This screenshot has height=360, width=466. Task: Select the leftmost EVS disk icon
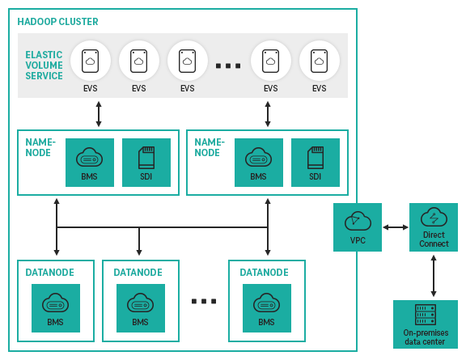[91, 61]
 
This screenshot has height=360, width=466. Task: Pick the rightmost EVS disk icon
[320, 61]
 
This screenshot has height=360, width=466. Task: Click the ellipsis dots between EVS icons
[228, 65]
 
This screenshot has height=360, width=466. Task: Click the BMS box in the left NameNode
[89, 162]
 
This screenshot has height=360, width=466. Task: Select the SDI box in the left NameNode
[146, 162]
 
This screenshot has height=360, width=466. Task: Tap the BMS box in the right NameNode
[258, 162]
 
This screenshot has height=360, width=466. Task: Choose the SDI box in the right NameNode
[315, 162]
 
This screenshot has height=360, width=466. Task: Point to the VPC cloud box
[357, 227]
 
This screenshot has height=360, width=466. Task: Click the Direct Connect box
[434, 227]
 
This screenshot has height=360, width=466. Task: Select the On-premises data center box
[426, 324]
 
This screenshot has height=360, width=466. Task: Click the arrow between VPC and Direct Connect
[395, 227]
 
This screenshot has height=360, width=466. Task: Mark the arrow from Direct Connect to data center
[434, 275]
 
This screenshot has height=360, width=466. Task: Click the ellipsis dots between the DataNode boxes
[204, 301]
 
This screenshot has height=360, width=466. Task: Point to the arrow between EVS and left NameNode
[99, 114]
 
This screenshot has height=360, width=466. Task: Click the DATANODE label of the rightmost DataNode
[264, 273]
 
